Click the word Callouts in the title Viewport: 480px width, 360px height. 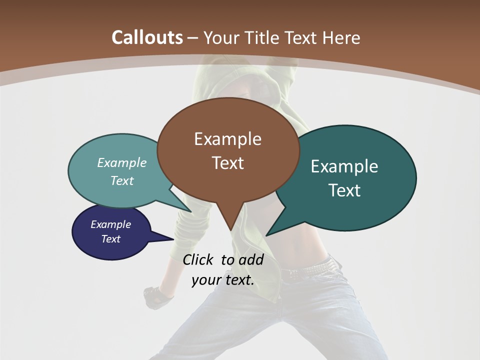click(x=147, y=37)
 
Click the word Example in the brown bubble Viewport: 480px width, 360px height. click(x=228, y=139)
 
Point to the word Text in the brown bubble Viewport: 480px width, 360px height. click(x=228, y=163)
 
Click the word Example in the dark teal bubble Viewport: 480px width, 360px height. click(x=344, y=166)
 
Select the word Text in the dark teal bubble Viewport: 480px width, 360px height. click(x=344, y=190)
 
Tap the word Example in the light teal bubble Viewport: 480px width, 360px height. click(x=122, y=163)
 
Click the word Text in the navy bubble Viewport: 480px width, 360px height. click(x=111, y=239)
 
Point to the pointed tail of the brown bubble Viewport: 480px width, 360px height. click(x=230, y=225)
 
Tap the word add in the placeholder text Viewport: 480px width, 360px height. click(x=251, y=259)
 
